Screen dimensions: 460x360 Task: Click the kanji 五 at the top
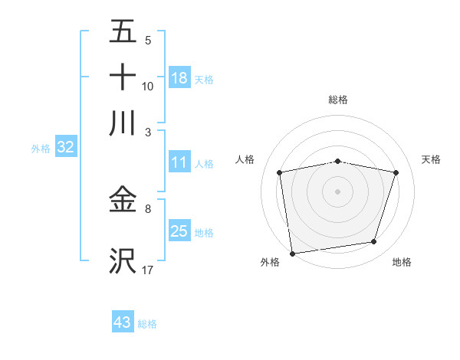123,32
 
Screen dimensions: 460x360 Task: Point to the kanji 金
123,201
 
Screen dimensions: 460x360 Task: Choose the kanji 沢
123,260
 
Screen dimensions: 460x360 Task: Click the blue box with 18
179,78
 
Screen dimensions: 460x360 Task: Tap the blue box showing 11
179,163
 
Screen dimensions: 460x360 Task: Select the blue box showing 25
179,231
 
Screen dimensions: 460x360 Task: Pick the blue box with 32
65,148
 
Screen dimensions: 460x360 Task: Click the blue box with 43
123,322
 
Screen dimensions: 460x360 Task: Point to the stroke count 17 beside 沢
148,270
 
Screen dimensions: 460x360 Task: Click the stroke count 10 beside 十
148,87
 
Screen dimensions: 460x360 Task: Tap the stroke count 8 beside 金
148,208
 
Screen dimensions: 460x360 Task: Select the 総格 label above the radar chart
338,100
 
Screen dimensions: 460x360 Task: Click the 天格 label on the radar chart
432,159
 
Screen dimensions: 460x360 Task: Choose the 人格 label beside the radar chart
245,159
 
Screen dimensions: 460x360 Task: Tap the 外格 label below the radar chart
270,262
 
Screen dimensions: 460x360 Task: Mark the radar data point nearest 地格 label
374,242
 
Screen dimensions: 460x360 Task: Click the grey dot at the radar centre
338,191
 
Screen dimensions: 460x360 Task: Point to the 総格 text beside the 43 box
147,324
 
